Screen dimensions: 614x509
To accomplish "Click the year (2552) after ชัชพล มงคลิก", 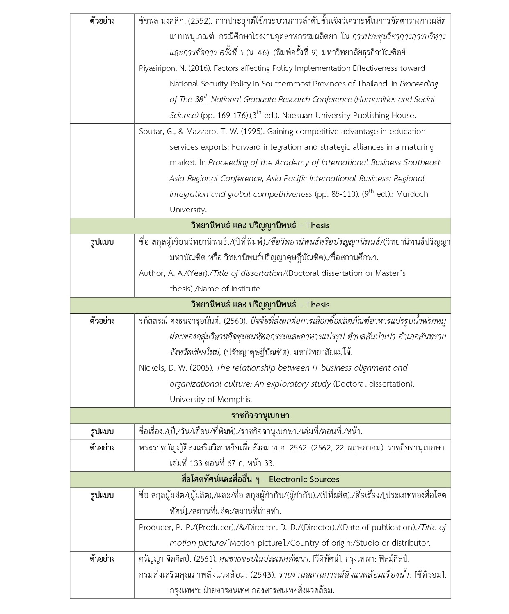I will [192, 21].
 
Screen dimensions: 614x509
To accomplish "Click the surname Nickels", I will [152, 368].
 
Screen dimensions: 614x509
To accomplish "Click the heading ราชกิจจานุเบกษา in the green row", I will [260, 416].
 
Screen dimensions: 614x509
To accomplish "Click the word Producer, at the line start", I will [156, 528].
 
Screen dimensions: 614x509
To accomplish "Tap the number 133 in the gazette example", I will [196, 464].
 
